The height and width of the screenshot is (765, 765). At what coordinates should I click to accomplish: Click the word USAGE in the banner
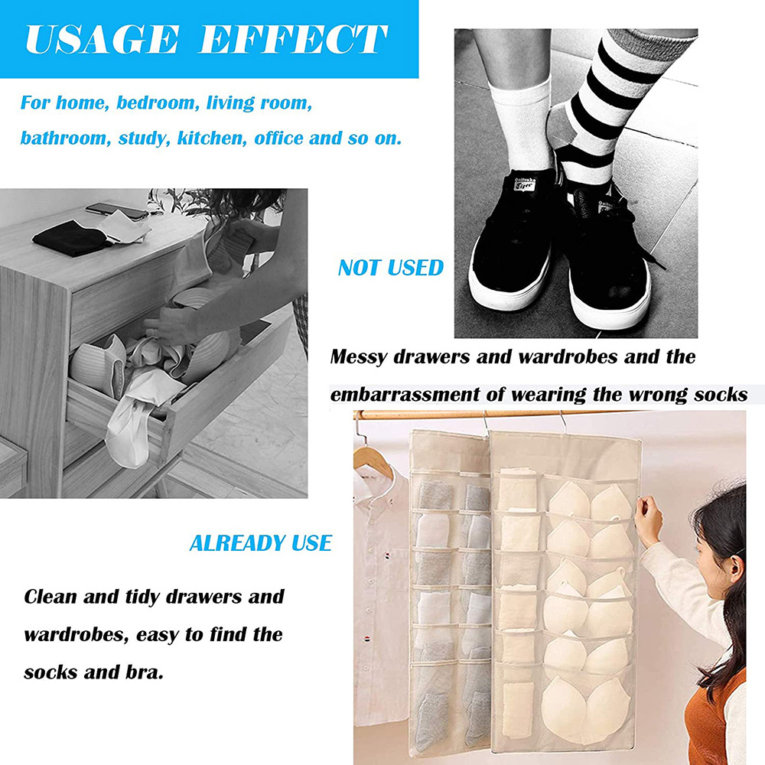(102, 39)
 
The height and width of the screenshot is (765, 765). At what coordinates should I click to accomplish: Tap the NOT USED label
(391, 268)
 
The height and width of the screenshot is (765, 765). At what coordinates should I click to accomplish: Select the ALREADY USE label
(261, 543)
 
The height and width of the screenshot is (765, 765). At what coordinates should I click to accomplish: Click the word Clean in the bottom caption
(50, 596)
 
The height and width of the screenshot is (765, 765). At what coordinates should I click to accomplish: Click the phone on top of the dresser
(116, 211)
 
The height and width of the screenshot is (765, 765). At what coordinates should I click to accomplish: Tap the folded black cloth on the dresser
(70, 238)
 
